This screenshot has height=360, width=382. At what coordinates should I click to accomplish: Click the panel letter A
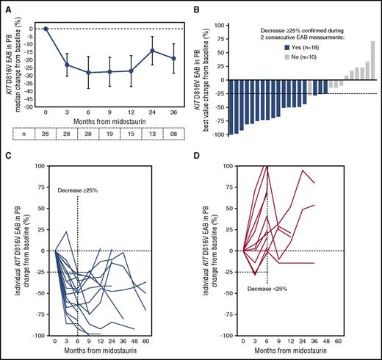6,6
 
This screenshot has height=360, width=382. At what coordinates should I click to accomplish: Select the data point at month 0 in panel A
46,29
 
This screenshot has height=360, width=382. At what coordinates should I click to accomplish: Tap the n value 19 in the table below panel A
109,137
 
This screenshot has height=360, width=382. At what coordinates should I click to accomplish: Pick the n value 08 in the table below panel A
173,137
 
